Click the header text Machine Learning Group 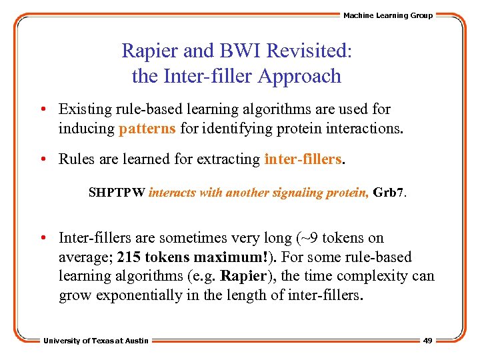388,15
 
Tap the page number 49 427,341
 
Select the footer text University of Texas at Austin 96,341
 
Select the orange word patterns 147,128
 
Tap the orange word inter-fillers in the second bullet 303,159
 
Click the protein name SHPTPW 117,193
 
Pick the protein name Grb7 389,193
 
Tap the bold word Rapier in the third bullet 243,276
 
